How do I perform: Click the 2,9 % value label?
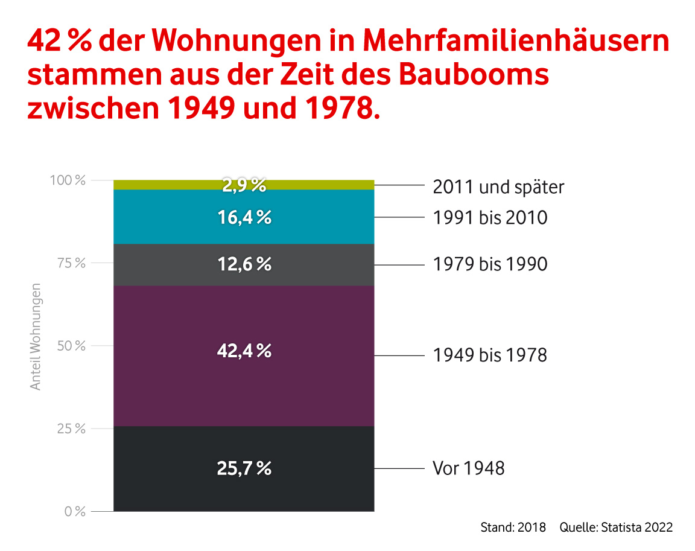click(x=244, y=186)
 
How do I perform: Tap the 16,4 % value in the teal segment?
click(x=244, y=217)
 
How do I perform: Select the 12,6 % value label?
click(x=244, y=264)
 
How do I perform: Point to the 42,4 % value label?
click(x=244, y=351)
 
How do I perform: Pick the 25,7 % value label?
click(x=244, y=468)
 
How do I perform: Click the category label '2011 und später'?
click(x=498, y=187)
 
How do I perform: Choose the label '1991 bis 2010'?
click(x=490, y=217)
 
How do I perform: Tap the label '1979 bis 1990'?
click(x=490, y=264)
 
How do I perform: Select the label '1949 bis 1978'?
click(x=490, y=355)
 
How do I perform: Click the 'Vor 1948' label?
click(x=469, y=468)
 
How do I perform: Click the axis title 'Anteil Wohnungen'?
click(x=36, y=336)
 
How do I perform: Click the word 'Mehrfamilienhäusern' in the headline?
click(x=516, y=42)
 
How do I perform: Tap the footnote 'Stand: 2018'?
click(x=513, y=527)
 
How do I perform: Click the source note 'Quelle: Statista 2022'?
click(x=616, y=527)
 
